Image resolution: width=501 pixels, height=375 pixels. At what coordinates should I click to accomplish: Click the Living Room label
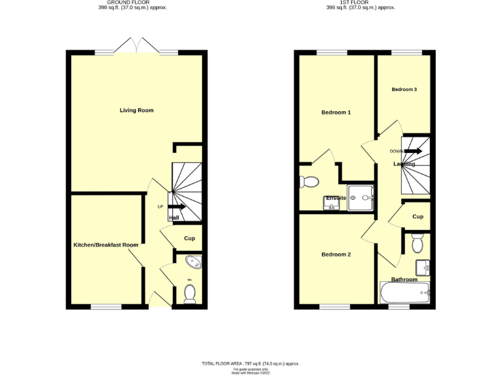[136, 111]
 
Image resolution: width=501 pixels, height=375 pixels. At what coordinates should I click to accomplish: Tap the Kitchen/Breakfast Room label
[106, 245]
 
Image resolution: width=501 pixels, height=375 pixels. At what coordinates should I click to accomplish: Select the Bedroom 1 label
[336, 113]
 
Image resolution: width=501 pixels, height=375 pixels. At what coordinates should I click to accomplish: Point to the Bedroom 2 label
[336, 255]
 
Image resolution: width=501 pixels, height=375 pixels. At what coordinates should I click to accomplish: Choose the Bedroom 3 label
[404, 89]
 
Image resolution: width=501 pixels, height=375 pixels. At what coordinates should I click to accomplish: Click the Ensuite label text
[336, 197]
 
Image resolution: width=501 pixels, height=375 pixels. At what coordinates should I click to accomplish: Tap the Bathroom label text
[404, 279]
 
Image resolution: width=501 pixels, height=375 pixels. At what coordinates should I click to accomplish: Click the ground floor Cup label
[189, 238]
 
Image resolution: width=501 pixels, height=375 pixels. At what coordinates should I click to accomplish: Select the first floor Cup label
[417, 217]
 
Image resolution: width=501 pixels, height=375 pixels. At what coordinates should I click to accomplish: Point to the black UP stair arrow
[177, 207]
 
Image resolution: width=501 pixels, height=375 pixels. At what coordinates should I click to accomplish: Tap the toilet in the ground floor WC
[190, 295]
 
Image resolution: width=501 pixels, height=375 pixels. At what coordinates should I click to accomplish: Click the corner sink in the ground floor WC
[194, 263]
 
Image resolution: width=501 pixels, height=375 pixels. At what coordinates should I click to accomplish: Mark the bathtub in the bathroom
[404, 292]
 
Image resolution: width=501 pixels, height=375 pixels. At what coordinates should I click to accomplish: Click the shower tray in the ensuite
[361, 197]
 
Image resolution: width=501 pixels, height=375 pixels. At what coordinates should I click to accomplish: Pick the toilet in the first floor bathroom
[417, 244]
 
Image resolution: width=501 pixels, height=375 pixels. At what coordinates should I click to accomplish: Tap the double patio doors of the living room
[136, 47]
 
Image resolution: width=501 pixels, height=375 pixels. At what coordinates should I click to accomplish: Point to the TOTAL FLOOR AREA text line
[250, 363]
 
